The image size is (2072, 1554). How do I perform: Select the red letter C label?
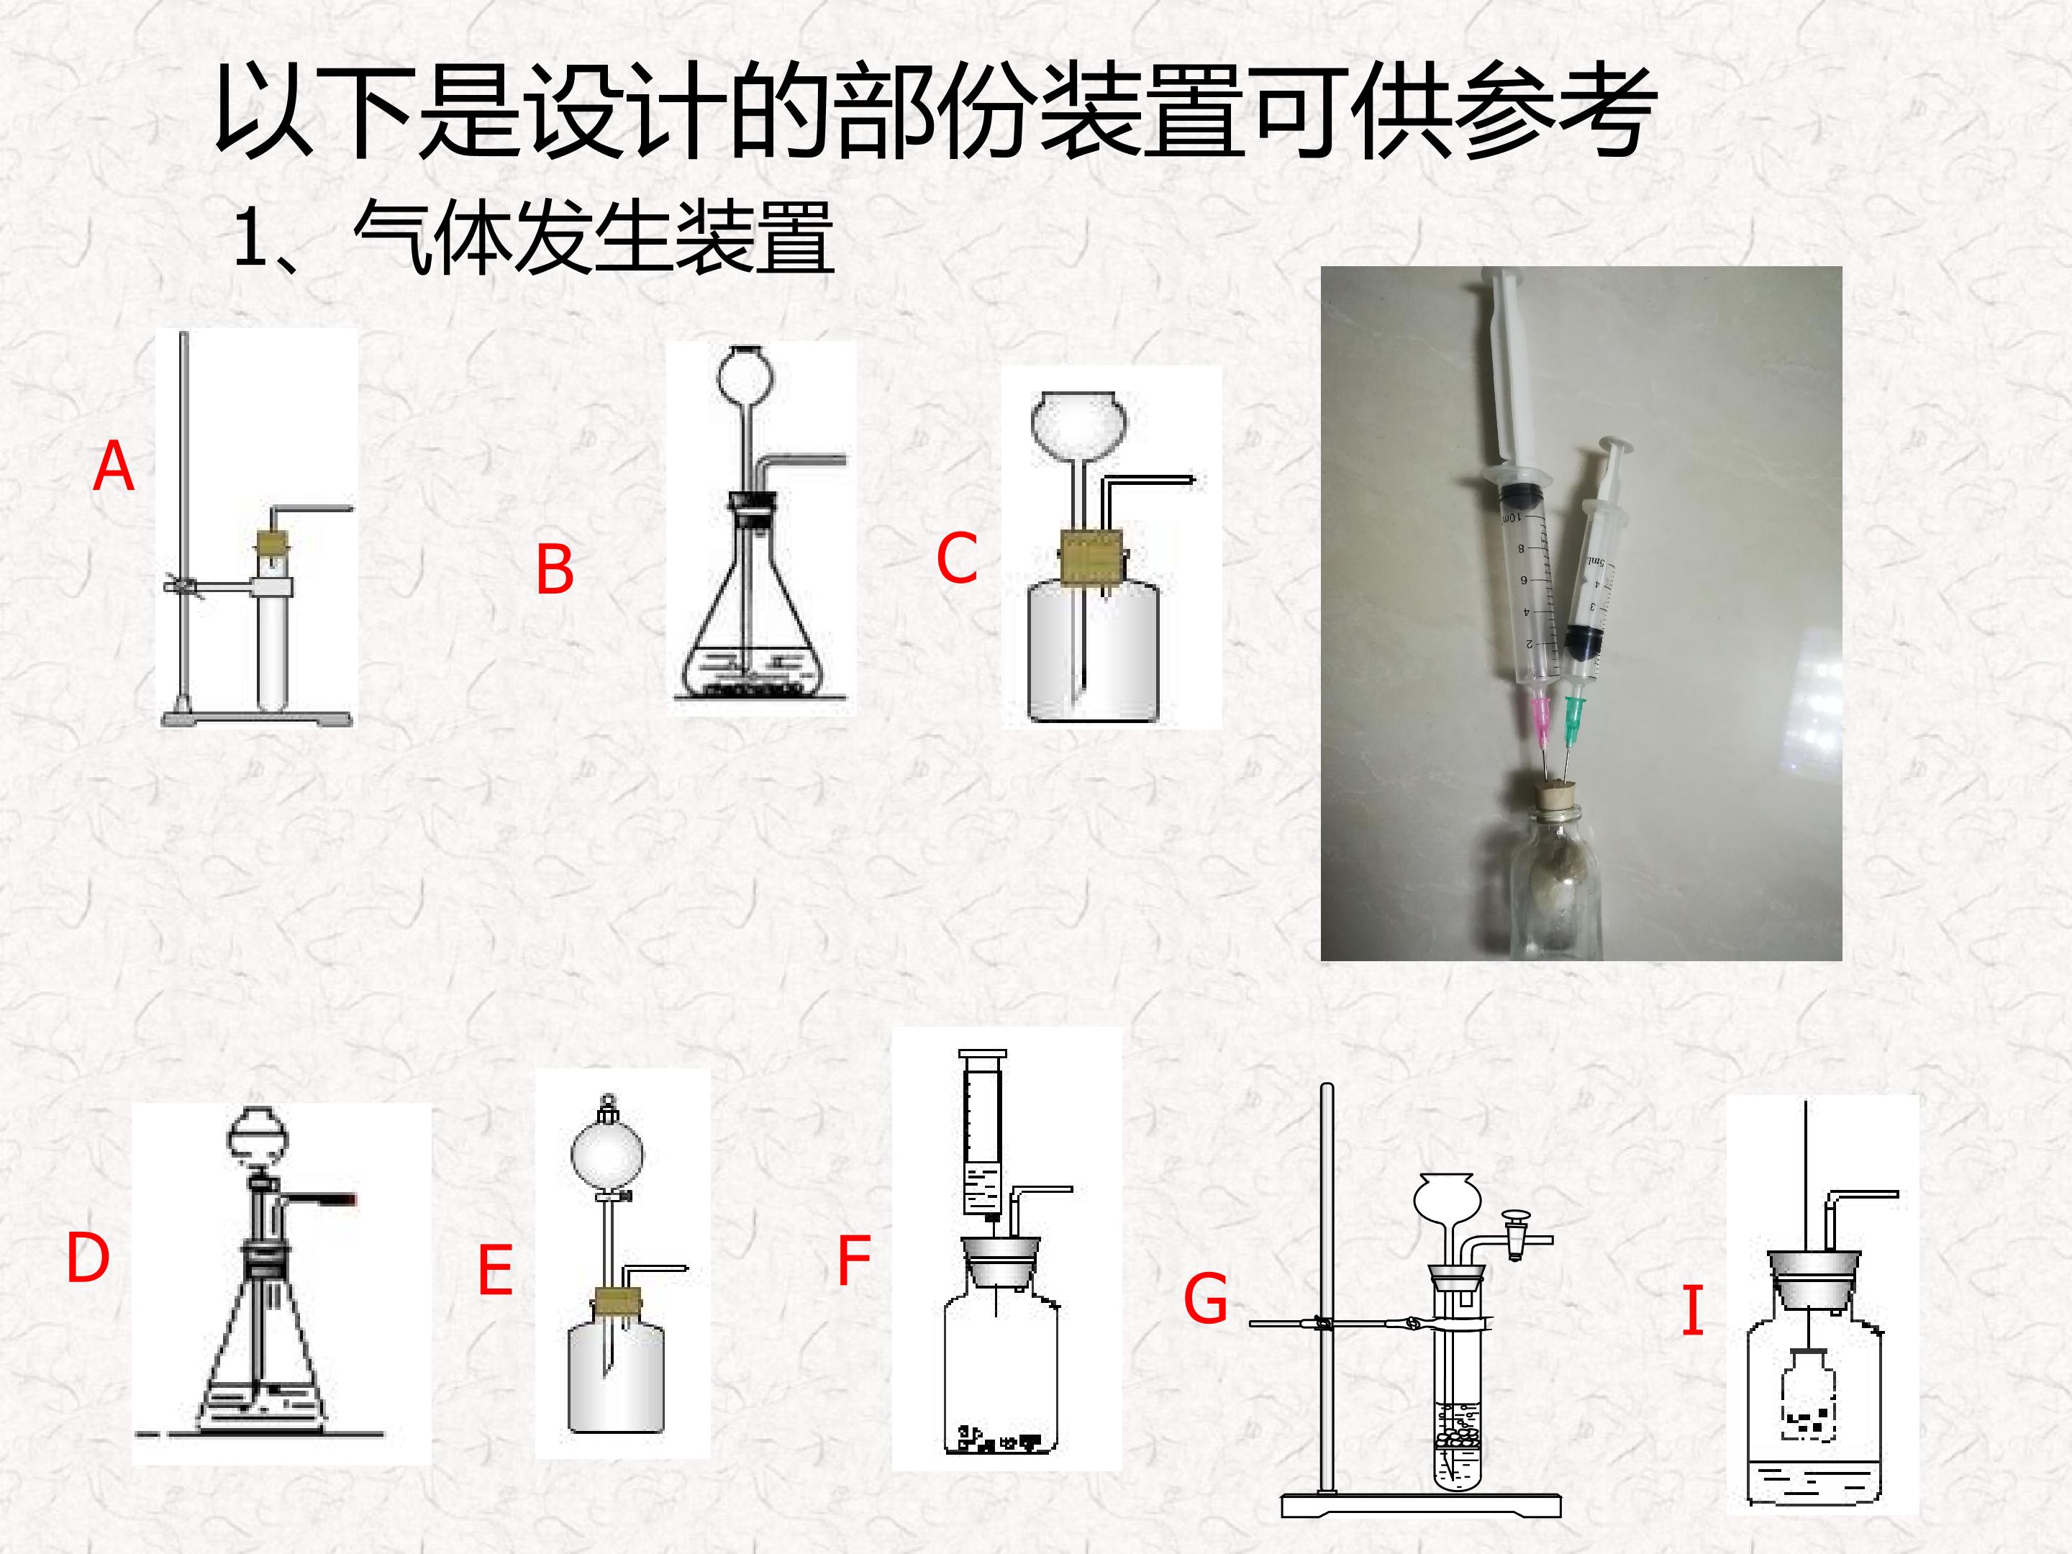pos(956,558)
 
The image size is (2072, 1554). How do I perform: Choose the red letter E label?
pos(496,1269)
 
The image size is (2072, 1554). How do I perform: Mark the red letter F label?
pos(853,1260)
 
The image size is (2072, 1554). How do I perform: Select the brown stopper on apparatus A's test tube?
pos(273,542)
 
